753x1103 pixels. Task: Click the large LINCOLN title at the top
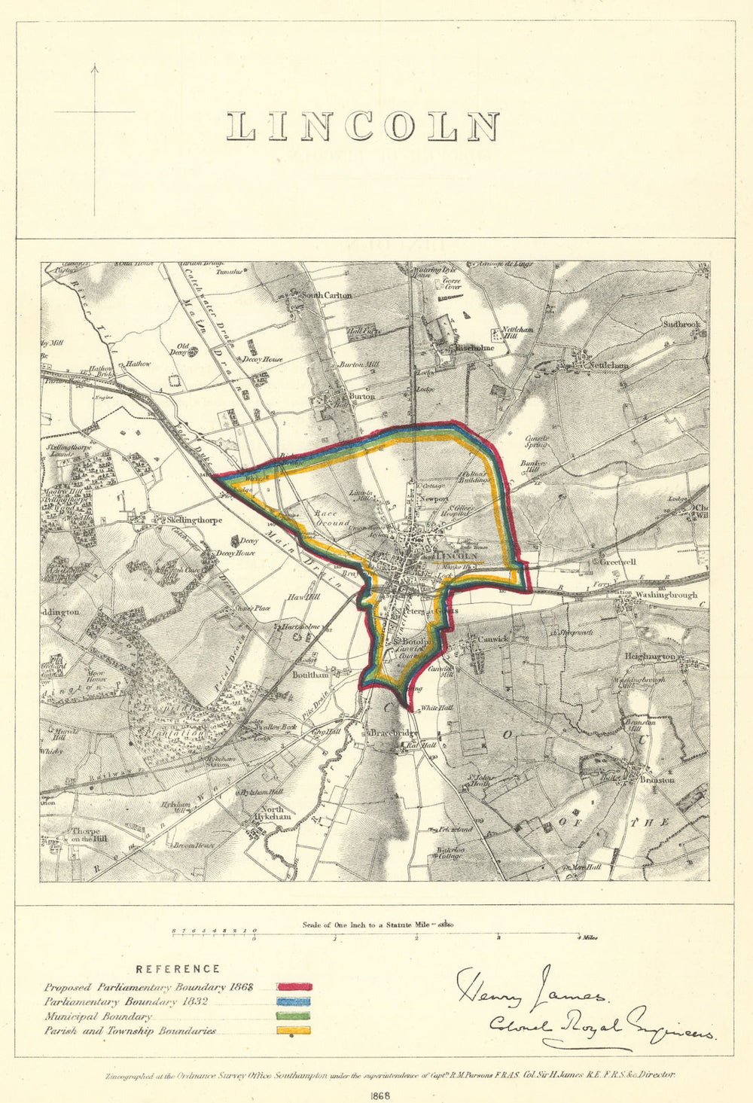coord(363,126)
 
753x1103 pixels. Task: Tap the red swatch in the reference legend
coord(294,986)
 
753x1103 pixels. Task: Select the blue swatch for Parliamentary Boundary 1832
coord(294,1001)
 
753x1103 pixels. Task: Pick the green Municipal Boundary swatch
coord(294,1016)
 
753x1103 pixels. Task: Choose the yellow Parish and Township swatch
coord(294,1031)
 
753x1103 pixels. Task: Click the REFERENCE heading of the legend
coord(178,969)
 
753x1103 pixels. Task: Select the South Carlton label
coord(327,296)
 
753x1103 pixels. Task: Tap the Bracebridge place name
coord(394,733)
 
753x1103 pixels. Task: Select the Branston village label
coord(657,780)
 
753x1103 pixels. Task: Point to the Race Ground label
coord(331,517)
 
